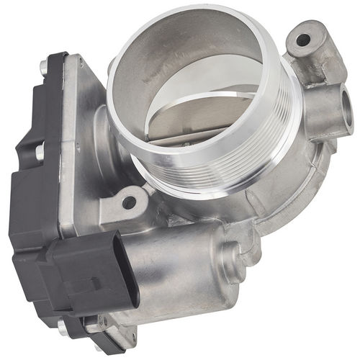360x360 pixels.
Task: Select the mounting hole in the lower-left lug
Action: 129,202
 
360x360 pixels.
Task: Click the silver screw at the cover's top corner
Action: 45,68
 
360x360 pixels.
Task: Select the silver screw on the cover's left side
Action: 39,150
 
